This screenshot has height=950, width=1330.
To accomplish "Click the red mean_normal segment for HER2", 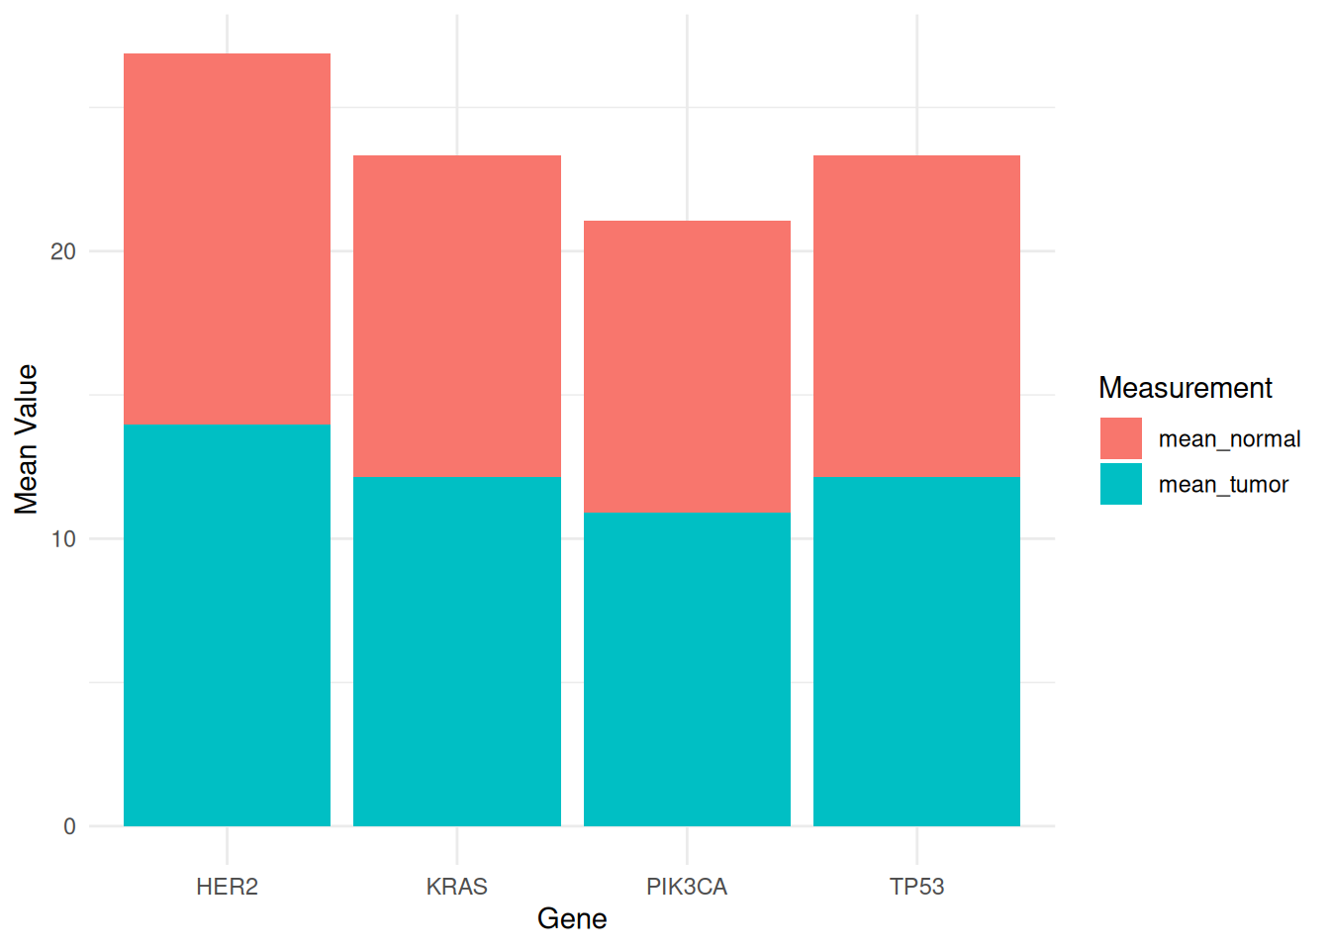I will click(227, 238).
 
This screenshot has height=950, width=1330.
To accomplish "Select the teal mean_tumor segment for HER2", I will click(227, 625).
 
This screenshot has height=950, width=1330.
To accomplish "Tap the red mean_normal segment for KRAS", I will click(457, 316).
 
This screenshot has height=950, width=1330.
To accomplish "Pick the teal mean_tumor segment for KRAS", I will click(457, 651).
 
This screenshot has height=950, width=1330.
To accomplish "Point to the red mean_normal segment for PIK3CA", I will click(687, 366).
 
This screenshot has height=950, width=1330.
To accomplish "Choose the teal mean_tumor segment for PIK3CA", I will click(687, 669).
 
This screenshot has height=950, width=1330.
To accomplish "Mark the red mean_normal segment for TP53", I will click(916, 316).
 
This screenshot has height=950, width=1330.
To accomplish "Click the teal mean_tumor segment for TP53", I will click(916, 651).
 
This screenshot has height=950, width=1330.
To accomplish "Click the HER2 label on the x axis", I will click(227, 887).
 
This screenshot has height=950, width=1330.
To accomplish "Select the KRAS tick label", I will click(457, 887).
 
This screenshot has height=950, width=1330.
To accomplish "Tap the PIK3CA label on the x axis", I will click(687, 887).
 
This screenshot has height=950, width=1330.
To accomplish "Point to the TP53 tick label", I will click(916, 887).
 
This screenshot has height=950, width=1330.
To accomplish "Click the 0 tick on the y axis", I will click(69, 826).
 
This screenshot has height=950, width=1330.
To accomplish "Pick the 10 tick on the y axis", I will click(63, 539).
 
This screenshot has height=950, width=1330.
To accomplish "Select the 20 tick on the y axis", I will click(63, 251).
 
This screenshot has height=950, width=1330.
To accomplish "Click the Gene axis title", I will click(572, 919).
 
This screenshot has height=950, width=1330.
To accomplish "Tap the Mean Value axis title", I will click(27, 439).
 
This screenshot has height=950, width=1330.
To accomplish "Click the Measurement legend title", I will click(1185, 388).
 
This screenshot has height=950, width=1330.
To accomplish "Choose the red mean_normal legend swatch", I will click(1121, 438).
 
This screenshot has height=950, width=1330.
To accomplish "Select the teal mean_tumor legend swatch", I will click(1121, 484).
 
